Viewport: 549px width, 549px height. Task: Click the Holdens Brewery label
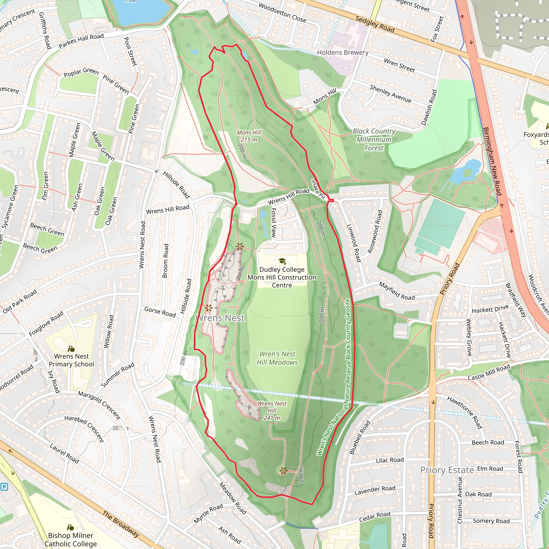[342, 53]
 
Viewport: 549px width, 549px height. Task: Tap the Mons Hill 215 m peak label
[249, 136]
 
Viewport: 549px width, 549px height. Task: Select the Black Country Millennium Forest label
[374, 139]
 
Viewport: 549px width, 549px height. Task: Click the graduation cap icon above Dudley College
[282, 261]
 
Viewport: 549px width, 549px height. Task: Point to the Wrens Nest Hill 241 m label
[272, 411]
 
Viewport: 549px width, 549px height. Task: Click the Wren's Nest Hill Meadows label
[277, 358]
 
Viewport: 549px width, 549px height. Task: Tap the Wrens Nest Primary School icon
[71, 348]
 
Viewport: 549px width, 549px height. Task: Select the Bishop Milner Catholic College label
[71, 539]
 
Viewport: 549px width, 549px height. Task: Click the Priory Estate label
[447, 470]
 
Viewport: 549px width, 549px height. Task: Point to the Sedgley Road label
[375, 24]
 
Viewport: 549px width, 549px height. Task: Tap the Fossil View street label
[273, 223]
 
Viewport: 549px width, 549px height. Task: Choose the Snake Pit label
[318, 189]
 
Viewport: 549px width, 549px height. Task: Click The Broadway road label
[121, 524]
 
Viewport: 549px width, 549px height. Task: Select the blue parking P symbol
[4, 487]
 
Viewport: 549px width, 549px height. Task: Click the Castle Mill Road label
[489, 373]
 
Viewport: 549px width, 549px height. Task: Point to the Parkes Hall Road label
[81, 41]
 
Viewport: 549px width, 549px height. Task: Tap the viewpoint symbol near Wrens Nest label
[209, 308]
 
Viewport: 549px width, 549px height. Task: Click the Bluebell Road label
[359, 437]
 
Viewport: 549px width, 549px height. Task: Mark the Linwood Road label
[354, 243]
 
